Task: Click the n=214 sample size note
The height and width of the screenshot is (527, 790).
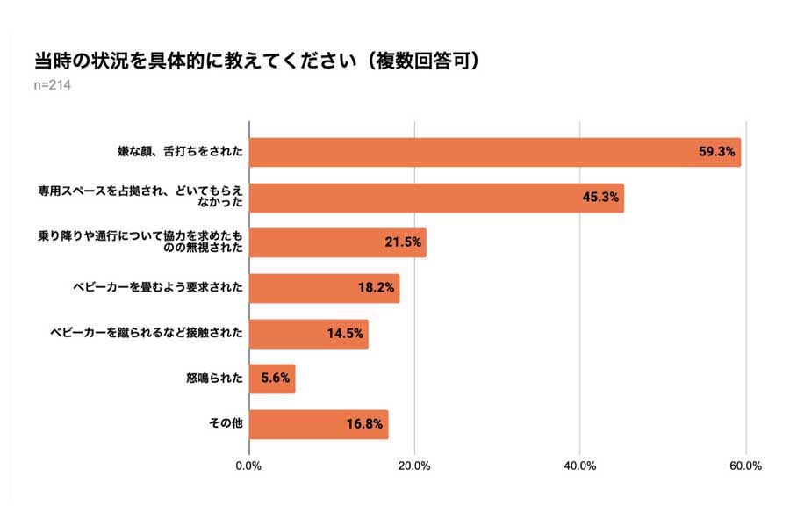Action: coord(52,85)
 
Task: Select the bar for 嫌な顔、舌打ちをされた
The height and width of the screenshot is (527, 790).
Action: coord(495,152)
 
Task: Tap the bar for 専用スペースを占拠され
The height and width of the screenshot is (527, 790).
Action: coord(436,198)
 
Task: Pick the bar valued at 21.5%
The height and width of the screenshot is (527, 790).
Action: coord(338,242)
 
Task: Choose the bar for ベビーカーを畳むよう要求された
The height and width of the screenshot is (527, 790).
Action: coord(324,288)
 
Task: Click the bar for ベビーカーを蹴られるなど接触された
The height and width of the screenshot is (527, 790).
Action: coord(309,334)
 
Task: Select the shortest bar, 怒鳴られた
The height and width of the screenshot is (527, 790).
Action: coord(272,379)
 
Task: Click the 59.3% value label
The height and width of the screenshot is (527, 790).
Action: coord(715,152)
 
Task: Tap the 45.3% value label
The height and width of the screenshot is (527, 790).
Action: coord(600,198)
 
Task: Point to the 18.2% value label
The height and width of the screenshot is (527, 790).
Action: coord(376,288)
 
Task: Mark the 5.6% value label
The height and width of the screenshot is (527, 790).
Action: coord(275,379)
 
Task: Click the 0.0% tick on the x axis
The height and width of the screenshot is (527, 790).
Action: coord(249,466)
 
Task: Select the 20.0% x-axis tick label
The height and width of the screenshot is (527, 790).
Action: coord(414,466)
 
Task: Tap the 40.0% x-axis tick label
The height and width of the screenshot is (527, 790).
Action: coord(579,466)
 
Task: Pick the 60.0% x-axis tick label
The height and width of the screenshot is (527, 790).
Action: coord(745,466)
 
